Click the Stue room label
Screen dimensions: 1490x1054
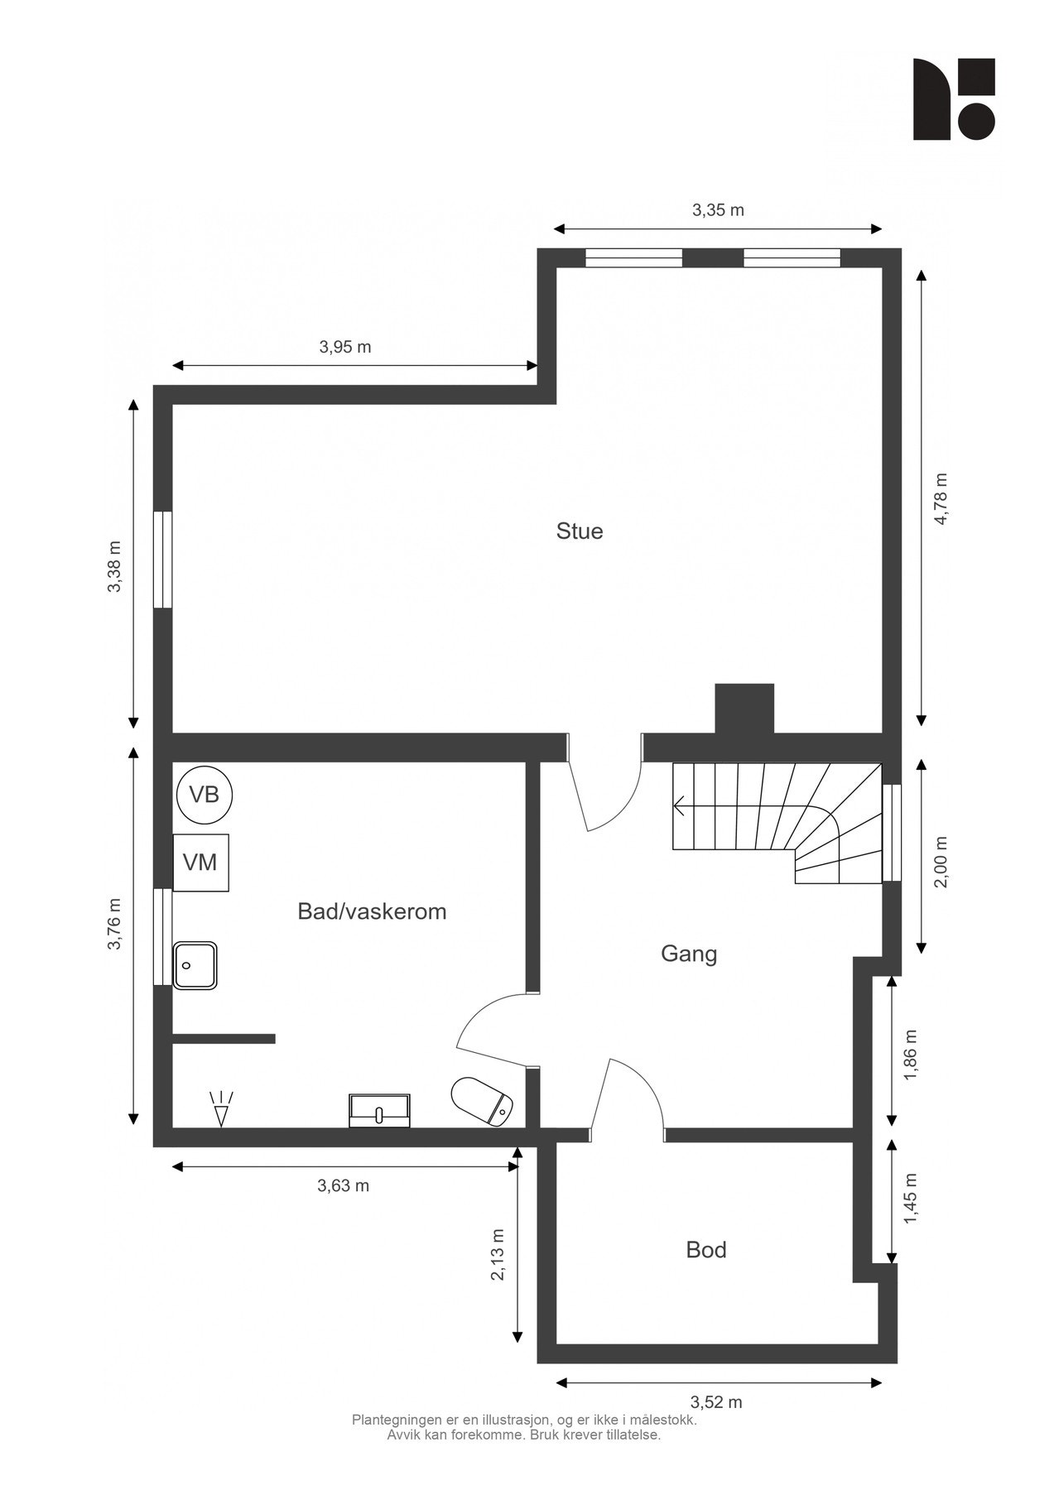[x=579, y=531]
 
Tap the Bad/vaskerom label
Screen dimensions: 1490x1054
[x=372, y=911]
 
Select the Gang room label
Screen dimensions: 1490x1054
[x=688, y=954]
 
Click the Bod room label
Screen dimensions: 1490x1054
[x=705, y=1249]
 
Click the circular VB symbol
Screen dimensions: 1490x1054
[x=205, y=795]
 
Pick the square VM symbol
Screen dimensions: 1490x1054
[x=200, y=863]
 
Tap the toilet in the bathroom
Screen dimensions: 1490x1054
[x=483, y=1102]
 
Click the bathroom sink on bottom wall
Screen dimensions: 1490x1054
[x=380, y=1110]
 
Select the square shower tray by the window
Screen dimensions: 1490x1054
[x=195, y=965]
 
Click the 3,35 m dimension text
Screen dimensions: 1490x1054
[x=718, y=210]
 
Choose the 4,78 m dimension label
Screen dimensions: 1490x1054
[x=940, y=498]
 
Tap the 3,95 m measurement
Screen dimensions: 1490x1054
[x=345, y=347]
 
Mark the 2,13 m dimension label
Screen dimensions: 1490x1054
[x=498, y=1254]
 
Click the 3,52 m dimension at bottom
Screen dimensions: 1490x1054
[x=716, y=1402]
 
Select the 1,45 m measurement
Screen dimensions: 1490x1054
[x=911, y=1199]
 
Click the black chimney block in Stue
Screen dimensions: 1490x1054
[x=744, y=708]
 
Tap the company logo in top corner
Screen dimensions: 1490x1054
[x=953, y=99]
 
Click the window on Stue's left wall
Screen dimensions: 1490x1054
[x=163, y=560]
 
